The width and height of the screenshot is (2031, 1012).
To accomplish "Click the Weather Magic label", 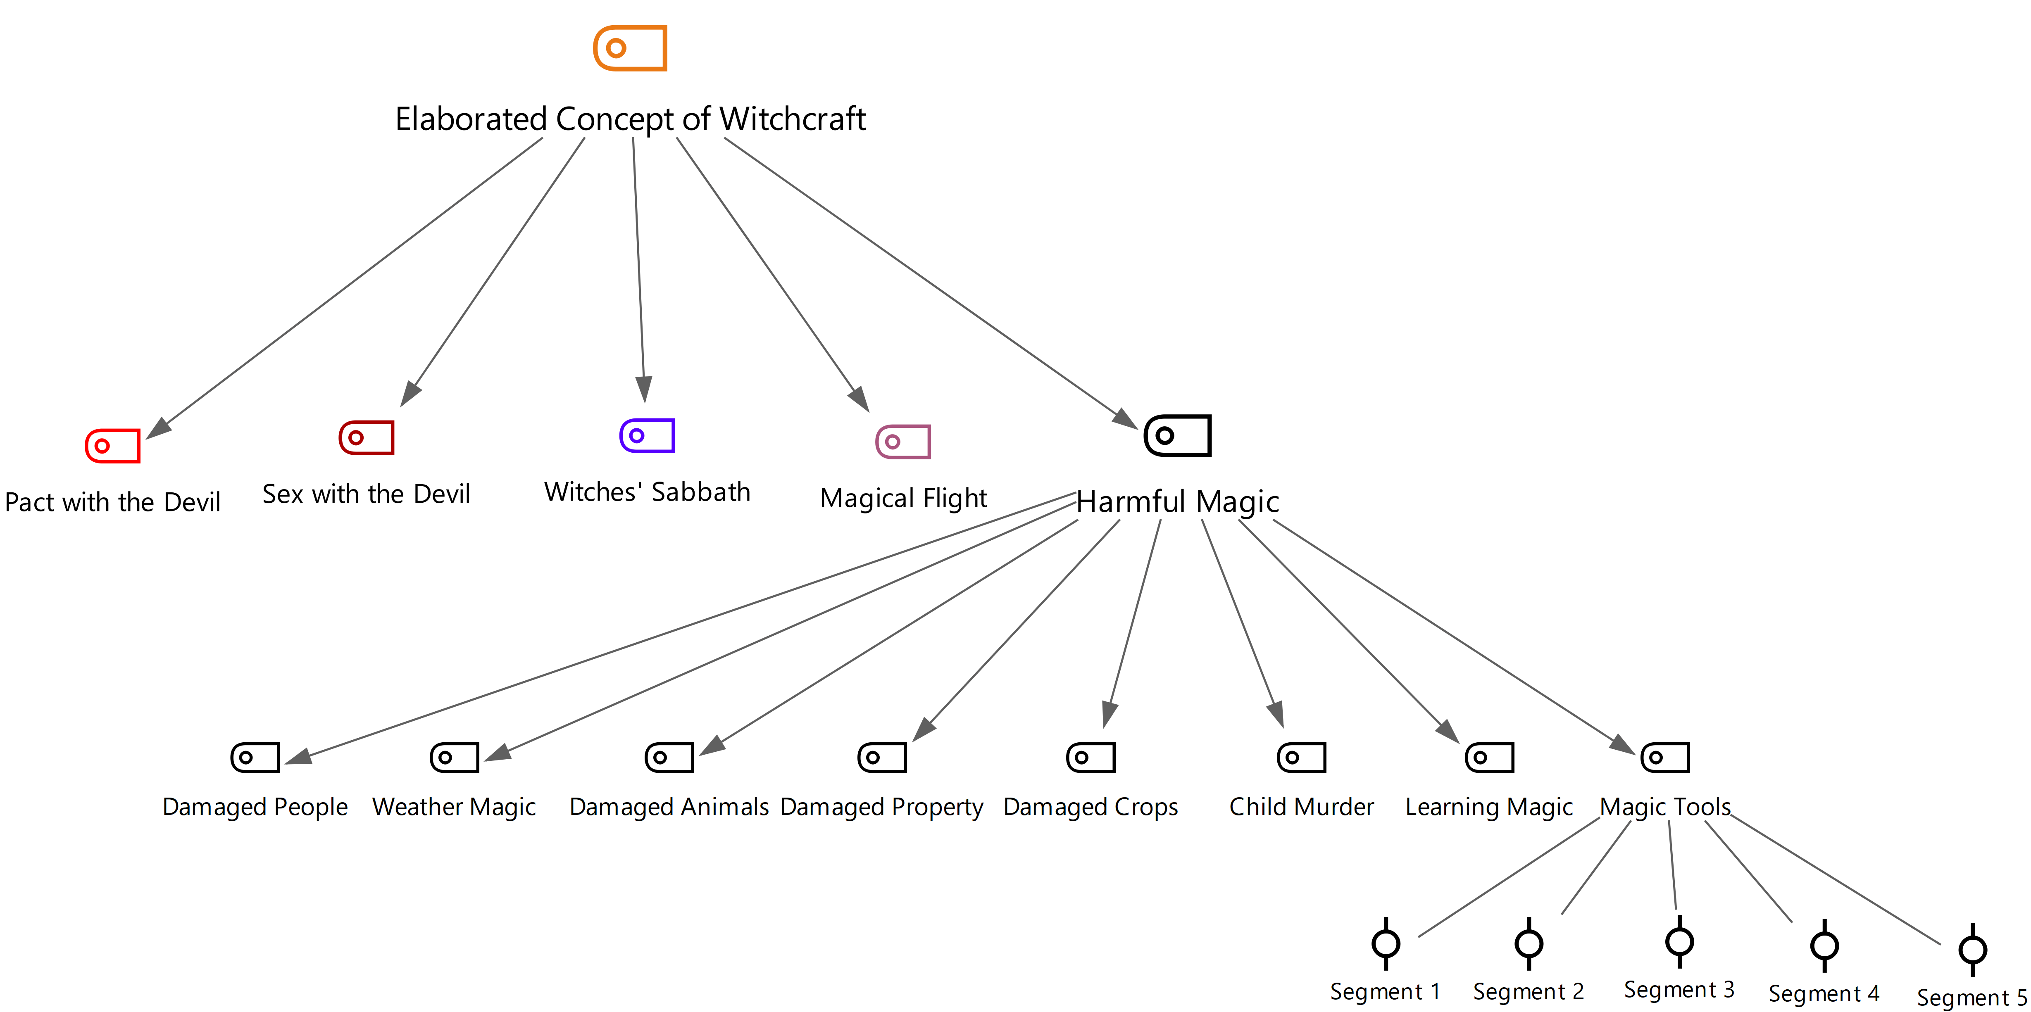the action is [x=454, y=807].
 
